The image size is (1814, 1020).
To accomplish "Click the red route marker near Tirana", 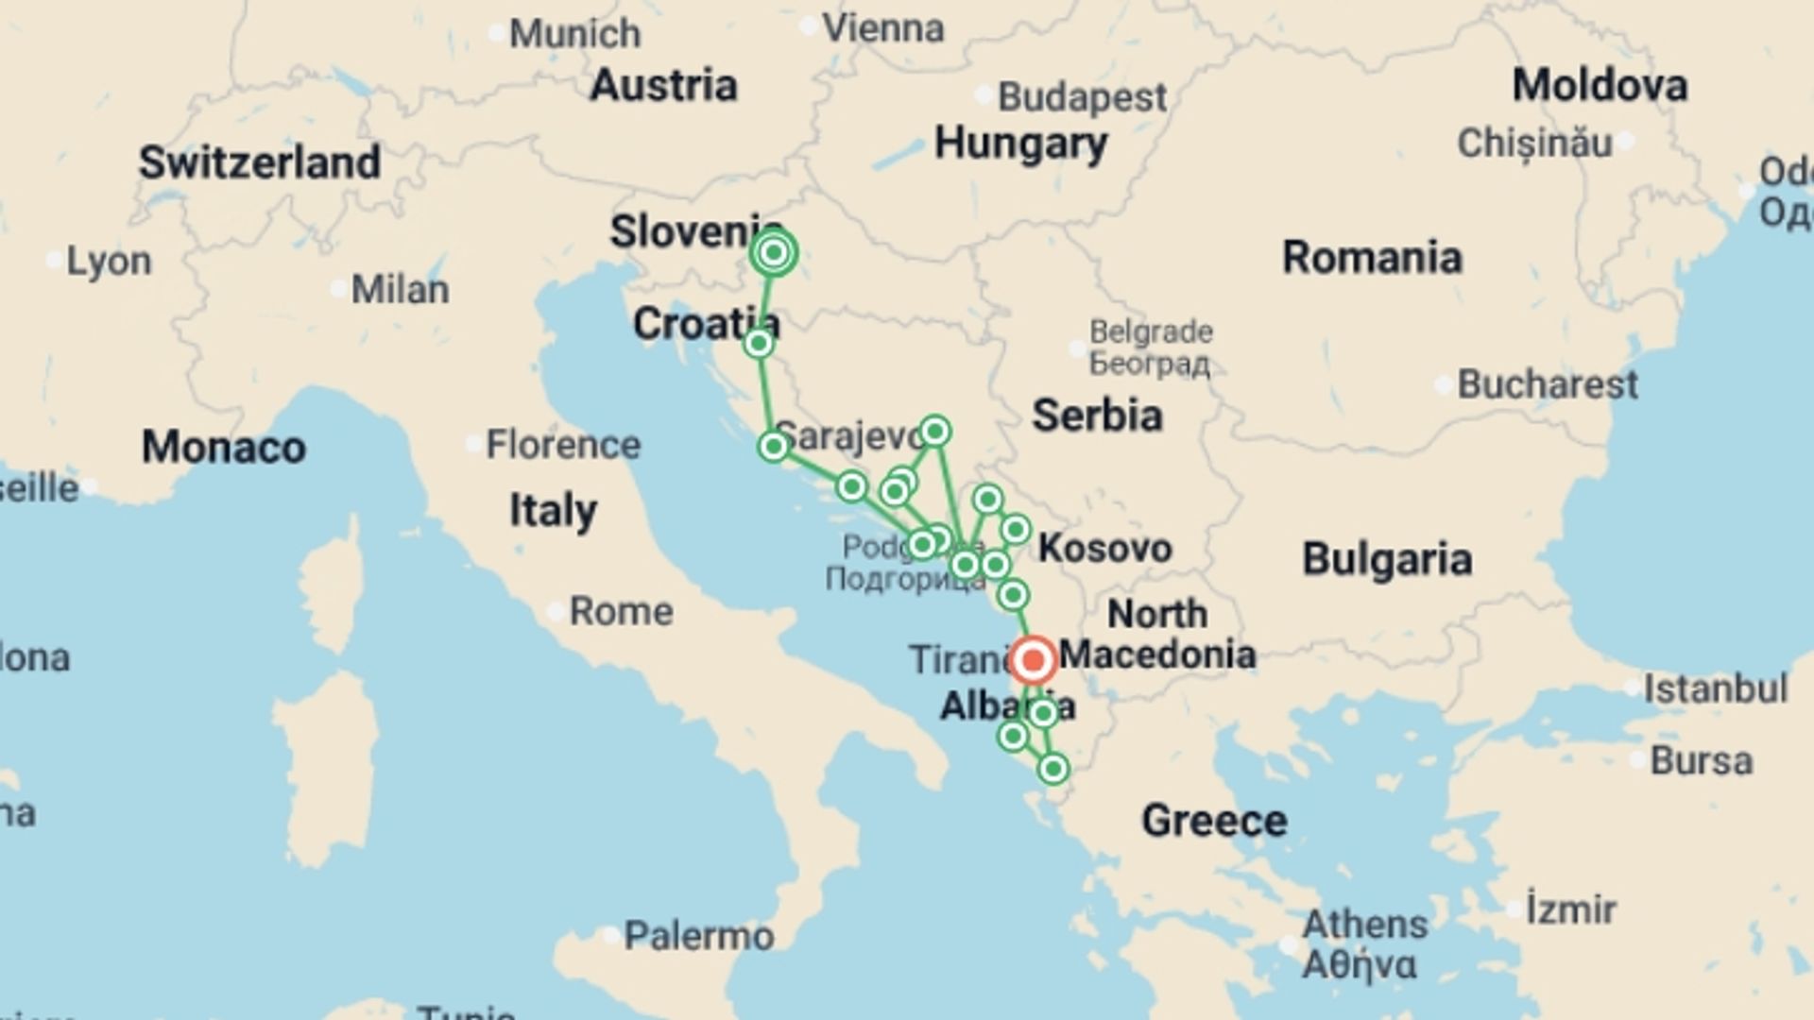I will click(1034, 659).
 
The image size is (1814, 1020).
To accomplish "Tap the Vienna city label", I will click(882, 28).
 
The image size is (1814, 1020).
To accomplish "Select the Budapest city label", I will click(1082, 97).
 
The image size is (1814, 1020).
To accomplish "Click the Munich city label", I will click(574, 34).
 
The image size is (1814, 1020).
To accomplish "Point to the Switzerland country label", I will click(260, 162).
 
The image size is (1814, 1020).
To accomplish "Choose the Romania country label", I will click(1372, 257).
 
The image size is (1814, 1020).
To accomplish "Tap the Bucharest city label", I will click(1547, 384).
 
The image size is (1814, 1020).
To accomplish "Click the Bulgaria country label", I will click(1387, 559).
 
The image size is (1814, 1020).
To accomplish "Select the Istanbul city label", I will click(1715, 688).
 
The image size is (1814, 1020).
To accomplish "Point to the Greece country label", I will click(1214, 820).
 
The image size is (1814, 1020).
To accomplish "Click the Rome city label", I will click(621, 611).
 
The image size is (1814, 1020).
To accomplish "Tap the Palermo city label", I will click(699, 936).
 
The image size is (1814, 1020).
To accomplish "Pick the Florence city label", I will click(563, 444).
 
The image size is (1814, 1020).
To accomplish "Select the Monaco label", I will click(224, 447).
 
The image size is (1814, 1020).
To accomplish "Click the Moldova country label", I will click(1600, 85).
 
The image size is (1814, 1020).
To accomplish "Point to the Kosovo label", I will click(1104, 548).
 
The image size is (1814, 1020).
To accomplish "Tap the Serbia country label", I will click(1097, 416).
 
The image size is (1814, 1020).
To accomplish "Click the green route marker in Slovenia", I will click(774, 253).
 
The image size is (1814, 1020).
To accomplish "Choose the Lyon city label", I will click(108, 261).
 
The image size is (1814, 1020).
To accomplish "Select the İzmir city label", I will click(1571, 909).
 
